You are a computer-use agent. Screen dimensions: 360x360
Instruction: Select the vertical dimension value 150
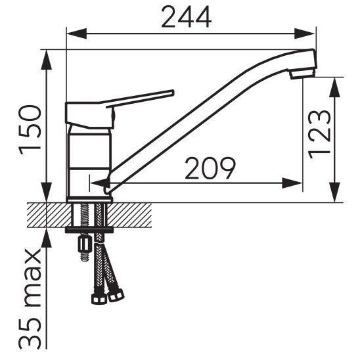[x=32, y=129]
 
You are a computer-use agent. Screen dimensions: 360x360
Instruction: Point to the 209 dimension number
[x=210, y=169]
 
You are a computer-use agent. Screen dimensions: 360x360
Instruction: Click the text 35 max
[x=31, y=299]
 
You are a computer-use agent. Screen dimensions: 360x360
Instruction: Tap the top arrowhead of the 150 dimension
[x=48, y=58]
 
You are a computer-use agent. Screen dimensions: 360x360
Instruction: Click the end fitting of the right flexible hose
[x=116, y=295]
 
